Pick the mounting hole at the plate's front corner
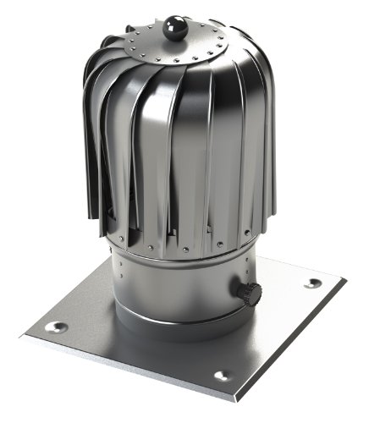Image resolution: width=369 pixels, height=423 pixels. (x=221, y=374)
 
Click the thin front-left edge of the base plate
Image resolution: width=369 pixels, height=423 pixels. (x=118, y=368)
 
